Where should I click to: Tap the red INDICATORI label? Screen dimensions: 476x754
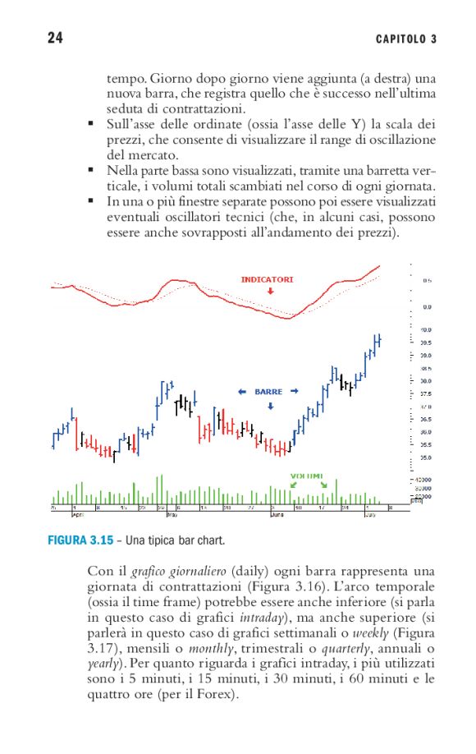(267, 279)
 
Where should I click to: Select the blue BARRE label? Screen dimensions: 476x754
(268, 392)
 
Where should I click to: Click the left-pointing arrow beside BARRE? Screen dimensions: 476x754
(242, 392)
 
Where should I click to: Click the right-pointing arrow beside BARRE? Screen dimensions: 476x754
(294, 392)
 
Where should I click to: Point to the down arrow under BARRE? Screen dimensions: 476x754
(269, 405)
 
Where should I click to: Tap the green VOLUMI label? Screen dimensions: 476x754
(307, 476)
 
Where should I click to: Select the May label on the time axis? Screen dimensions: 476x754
(172, 515)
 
